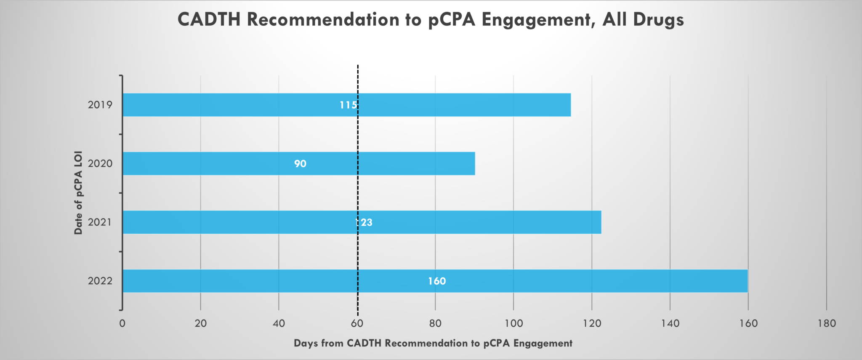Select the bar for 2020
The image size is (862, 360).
point(210,163)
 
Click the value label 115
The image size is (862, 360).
point(348,105)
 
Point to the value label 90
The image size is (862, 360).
point(300,163)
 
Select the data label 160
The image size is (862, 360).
point(437,281)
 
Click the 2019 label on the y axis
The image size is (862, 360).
point(100,105)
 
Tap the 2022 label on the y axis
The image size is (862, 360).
point(100,281)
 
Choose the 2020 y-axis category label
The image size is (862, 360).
point(100,163)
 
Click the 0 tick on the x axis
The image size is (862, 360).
point(122,323)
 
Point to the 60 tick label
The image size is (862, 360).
point(357,323)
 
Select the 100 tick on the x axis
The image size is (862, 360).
point(513,323)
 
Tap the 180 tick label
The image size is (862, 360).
point(827,323)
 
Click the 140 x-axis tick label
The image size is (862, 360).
point(670,323)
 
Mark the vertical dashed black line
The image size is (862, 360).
point(358,189)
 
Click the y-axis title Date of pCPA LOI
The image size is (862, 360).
point(78,192)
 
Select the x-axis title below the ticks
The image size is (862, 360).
point(433,343)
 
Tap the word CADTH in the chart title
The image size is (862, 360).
point(209,20)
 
